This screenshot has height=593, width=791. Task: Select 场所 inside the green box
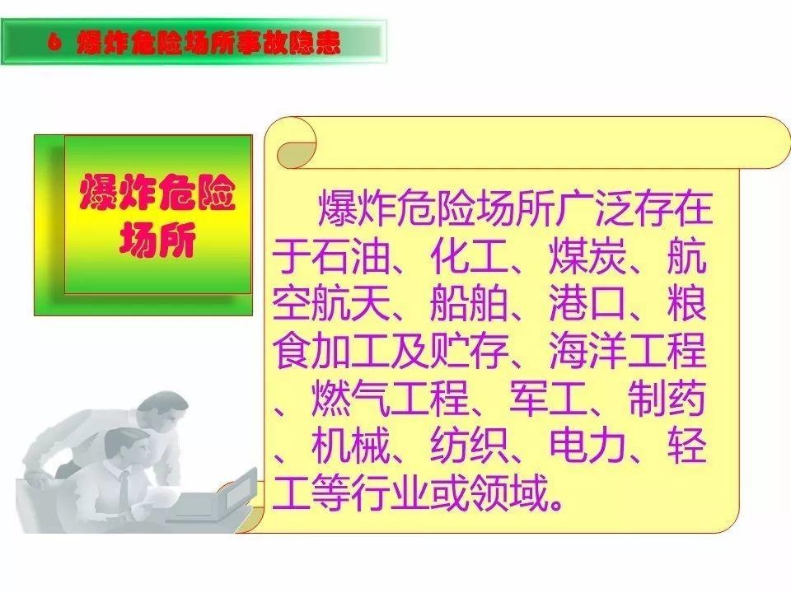(157, 240)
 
